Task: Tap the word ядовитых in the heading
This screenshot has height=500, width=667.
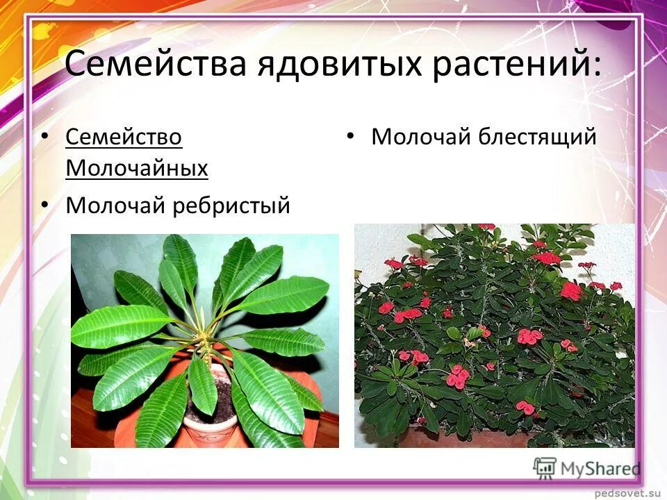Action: pyautogui.click(x=338, y=65)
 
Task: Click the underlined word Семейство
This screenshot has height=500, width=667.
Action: pyautogui.click(x=124, y=137)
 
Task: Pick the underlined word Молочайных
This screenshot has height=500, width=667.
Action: pyautogui.click(x=137, y=168)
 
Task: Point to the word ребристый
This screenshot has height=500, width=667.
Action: pyautogui.click(x=235, y=206)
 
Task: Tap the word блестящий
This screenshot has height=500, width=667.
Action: pyautogui.click(x=537, y=137)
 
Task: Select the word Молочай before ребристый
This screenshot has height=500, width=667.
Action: pyautogui.click(x=114, y=206)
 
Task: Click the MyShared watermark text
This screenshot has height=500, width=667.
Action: pyautogui.click(x=601, y=469)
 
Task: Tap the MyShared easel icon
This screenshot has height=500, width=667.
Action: pyautogui.click(x=545, y=467)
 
